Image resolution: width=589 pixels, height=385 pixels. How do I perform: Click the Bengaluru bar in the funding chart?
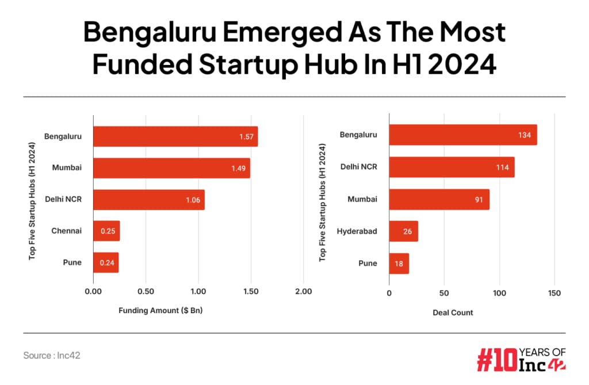tap(175, 136)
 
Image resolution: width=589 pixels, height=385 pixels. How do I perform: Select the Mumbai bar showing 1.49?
tap(171, 168)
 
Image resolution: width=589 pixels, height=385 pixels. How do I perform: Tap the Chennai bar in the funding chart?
tap(106, 231)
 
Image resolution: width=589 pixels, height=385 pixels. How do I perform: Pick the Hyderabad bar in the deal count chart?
tap(403, 231)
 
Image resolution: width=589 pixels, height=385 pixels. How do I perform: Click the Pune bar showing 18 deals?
tap(399, 263)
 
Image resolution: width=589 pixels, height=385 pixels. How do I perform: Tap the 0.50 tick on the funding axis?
tap(146, 292)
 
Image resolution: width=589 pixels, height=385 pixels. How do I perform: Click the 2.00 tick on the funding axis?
tap(303, 292)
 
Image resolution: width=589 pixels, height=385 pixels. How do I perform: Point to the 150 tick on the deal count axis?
tap(553, 293)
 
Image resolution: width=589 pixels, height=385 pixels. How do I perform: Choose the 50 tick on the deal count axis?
tap(443, 293)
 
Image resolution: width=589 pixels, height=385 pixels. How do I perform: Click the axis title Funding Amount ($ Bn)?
tap(161, 311)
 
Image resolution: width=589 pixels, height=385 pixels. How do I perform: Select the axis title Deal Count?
tap(453, 312)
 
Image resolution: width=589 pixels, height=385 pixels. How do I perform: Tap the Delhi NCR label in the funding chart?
tap(63, 199)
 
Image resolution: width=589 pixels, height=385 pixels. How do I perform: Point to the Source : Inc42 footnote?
tap(52, 356)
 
